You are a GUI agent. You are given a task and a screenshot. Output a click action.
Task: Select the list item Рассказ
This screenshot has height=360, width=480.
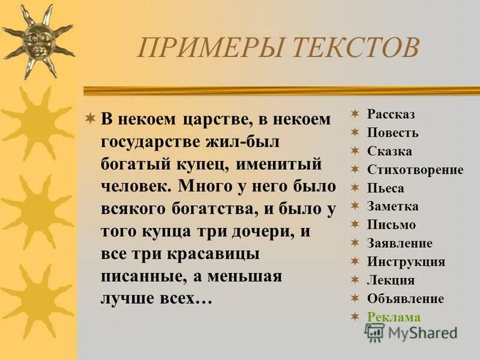pyautogui.click(x=391, y=114)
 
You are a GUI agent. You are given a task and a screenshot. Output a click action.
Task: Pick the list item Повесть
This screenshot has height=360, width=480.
pyautogui.click(x=393, y=133)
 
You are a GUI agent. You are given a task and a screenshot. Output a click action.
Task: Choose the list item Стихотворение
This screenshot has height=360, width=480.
pyautogui.click(x=415, y=170)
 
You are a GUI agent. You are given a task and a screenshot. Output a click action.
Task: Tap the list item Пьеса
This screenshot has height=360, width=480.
pyautogui.click(x=385, y=188)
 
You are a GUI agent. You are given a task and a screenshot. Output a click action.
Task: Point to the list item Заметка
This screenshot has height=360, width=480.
pyautogui.click(x=393, y=206)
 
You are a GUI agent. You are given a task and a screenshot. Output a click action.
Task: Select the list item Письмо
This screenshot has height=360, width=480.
pyautogui.click(x=391, y=225)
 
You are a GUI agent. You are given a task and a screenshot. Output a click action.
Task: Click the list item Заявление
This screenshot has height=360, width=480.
pyautogui.click(x=400, y=244)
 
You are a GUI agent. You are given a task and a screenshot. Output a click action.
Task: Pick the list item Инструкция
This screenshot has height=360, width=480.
pyautogui.click(x=406, y=262)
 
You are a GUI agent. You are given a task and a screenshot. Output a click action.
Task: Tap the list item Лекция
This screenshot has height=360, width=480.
pyautogui.click(x=391, y=280)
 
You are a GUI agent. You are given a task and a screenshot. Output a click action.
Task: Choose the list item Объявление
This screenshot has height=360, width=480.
pyautogui.click(x=406, y=299)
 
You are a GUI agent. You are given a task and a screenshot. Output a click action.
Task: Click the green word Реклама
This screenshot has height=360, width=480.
pyautogui.click(x=394, y=317)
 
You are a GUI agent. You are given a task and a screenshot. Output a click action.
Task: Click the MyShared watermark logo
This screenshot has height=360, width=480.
pyautogui.click(x=411, y=332)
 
